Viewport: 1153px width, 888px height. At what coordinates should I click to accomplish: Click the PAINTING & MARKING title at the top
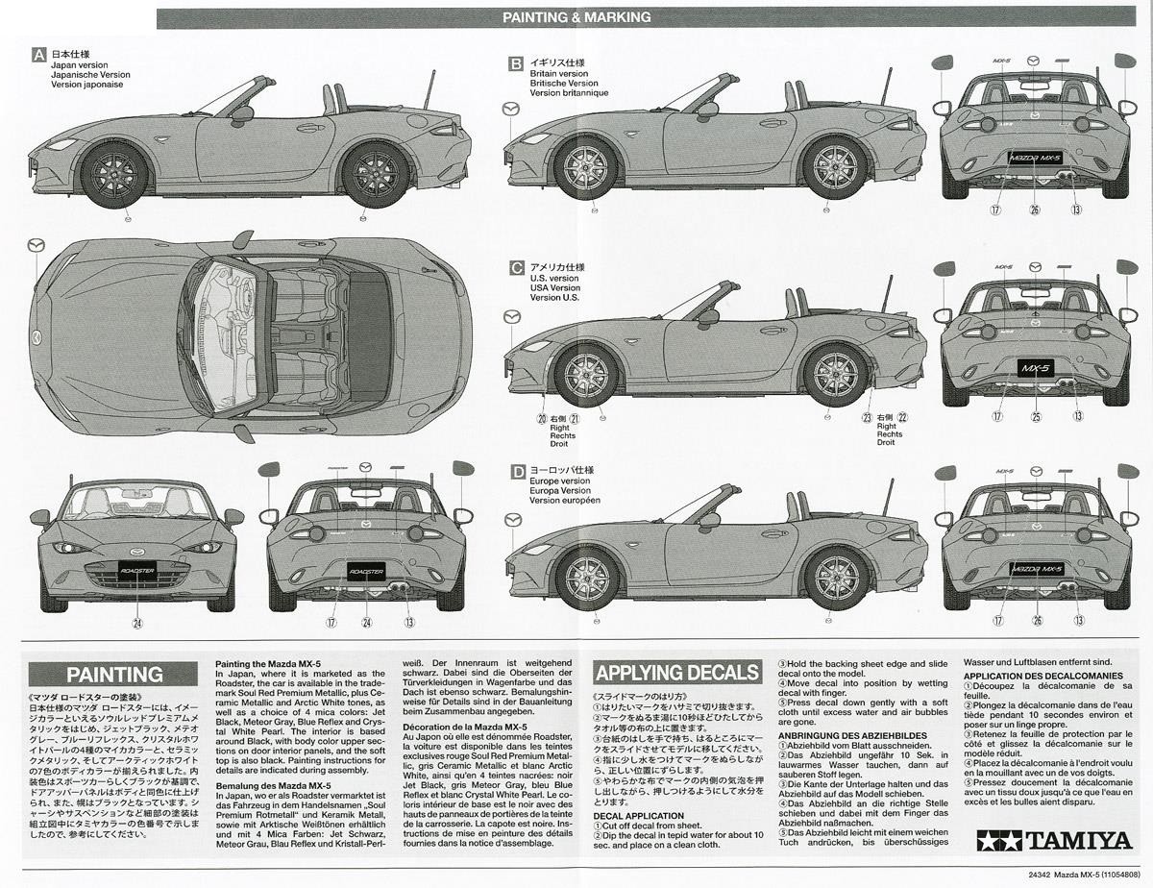point(576,17)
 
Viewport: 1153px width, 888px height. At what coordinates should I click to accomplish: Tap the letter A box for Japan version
point(38,55)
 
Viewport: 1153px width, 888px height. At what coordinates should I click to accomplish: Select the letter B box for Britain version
point(516,63)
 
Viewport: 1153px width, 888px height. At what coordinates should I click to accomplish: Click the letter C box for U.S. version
point(516,268)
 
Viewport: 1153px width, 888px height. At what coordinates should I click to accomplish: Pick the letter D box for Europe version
point(516,471)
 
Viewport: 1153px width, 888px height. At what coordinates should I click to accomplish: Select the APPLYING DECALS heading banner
point(677,672)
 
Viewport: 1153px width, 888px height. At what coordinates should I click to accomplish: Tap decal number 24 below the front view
point(137,623)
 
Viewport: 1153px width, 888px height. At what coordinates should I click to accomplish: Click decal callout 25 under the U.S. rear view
point(1036,416)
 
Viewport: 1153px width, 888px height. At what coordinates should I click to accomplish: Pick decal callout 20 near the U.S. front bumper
point(542,419)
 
